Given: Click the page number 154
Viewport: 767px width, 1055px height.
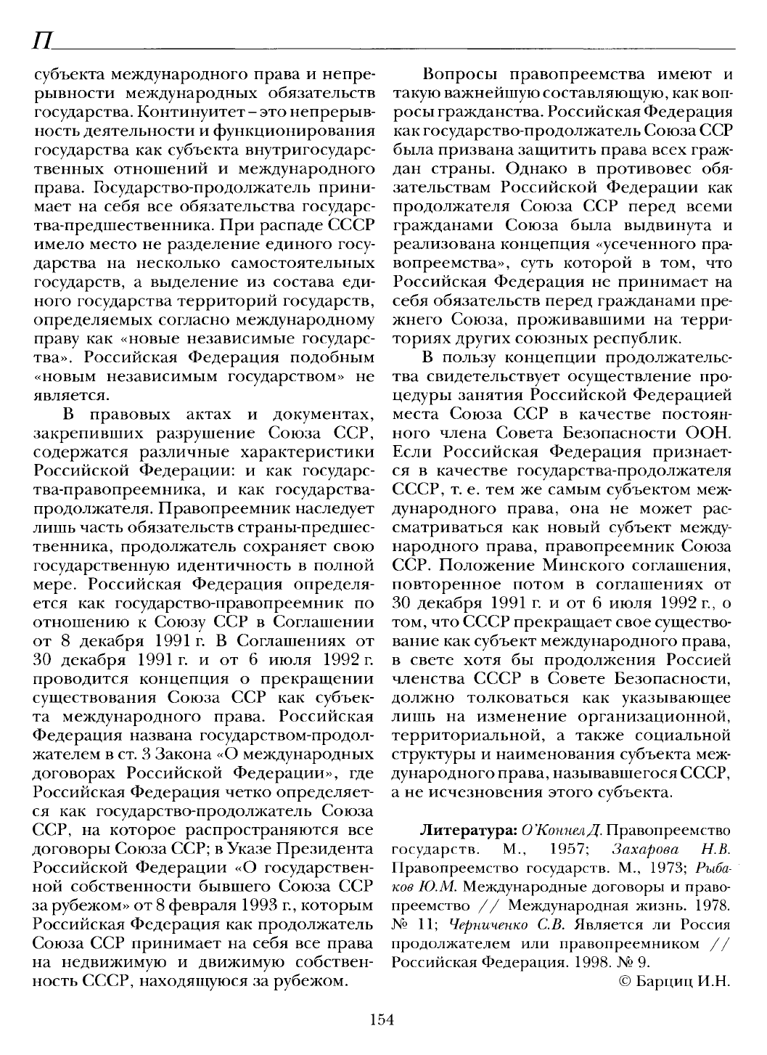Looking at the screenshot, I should [381, 1019].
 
